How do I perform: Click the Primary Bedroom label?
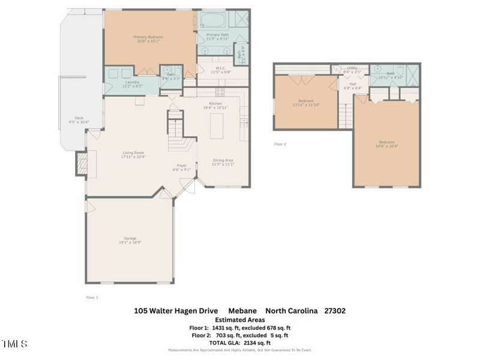click(148, 37)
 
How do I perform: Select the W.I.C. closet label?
click(220, 68)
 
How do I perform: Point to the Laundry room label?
click(132, 82)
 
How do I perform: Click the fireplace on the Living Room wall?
click(80, 163)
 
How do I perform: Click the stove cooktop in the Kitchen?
click(220, 92)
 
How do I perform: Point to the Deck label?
click(79, 118)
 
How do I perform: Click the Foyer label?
click(181, 166)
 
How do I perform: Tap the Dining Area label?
click(223, 160)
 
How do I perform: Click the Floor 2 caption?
click(280, 144)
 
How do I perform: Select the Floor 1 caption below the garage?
click(92, 297)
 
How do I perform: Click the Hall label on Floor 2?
click(353, 84)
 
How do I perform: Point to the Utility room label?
click(352, 68)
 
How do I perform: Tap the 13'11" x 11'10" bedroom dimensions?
click(305, 104)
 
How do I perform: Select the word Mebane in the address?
click(242, 311)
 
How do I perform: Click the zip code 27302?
click(334, 311)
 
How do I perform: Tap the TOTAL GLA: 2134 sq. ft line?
click(240, 343)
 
